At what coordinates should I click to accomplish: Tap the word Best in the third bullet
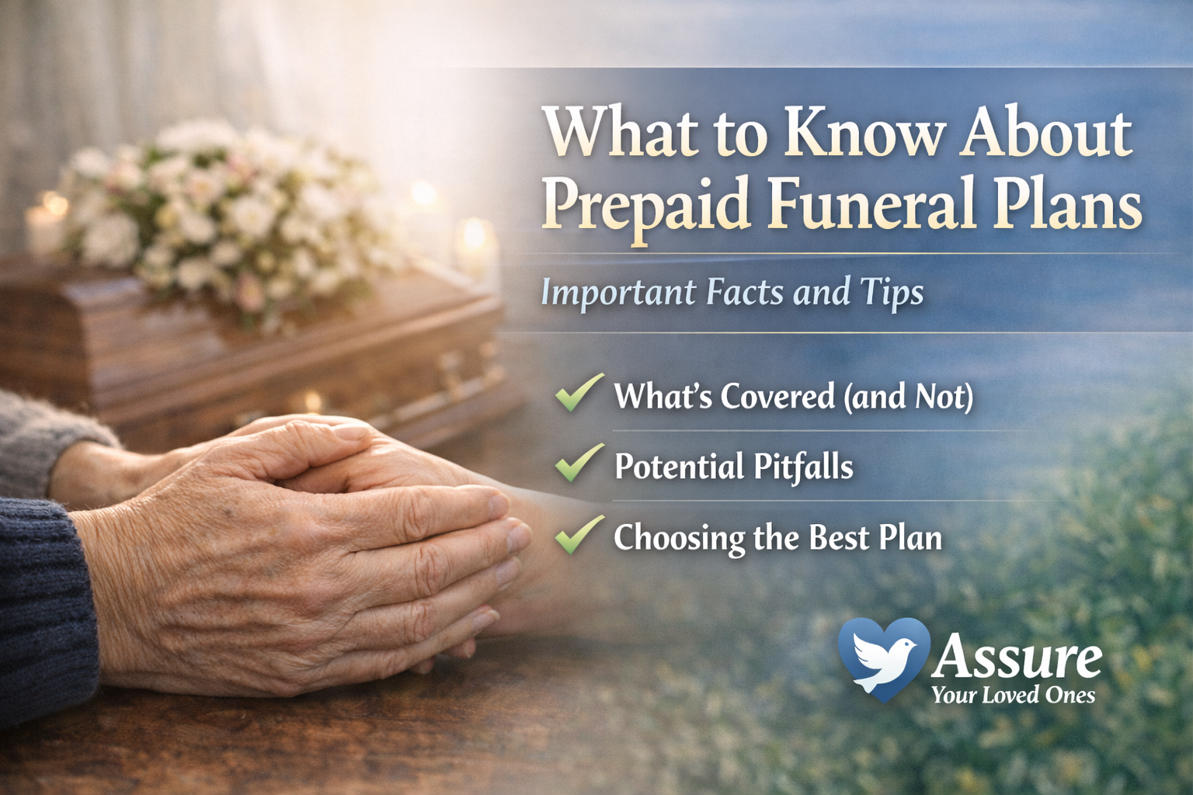pyautogui.click(x=838, y=537)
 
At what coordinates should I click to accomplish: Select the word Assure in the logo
pyautogui.click(x=1017, y=658)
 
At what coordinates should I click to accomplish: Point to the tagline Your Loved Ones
pyautogui.click(x=1014, y=695)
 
